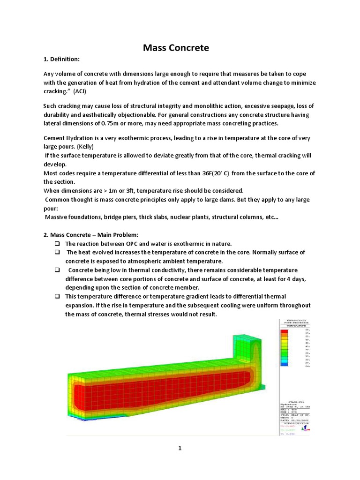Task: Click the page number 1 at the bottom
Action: (180, 448)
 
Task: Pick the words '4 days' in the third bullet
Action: (297, 279)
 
